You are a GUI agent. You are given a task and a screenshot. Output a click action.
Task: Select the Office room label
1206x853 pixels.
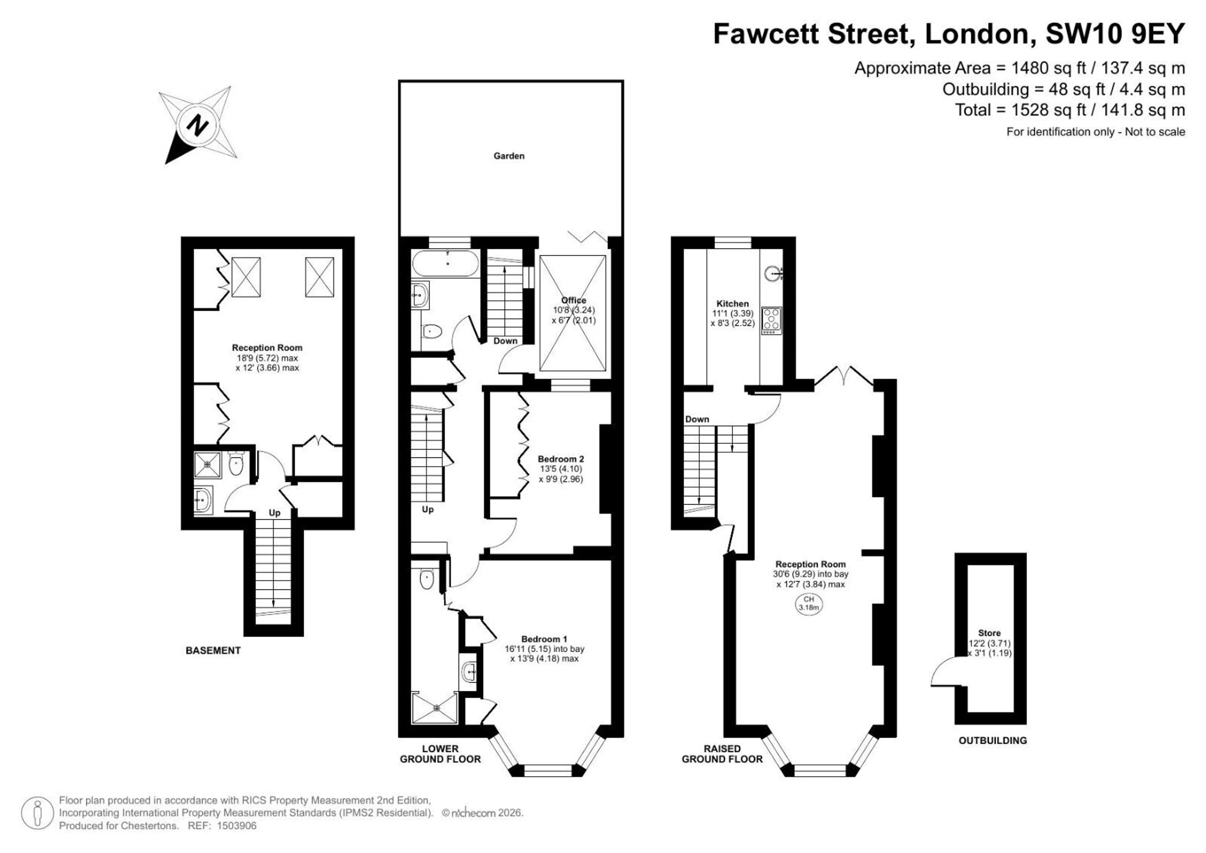coord(573,300)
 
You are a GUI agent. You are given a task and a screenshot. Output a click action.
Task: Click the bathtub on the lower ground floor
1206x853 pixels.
coord(445,264)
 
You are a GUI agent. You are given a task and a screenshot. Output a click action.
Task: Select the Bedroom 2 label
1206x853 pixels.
coord(561,459)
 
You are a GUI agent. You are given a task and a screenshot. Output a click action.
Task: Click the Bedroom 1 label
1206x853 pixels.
coord(544,639)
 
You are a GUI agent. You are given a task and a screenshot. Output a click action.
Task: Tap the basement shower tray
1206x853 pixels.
coord(208,465)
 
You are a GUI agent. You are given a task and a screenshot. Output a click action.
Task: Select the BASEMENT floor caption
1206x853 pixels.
coord(213,651)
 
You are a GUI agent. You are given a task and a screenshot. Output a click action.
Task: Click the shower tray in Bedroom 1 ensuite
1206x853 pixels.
coord(435,707)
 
